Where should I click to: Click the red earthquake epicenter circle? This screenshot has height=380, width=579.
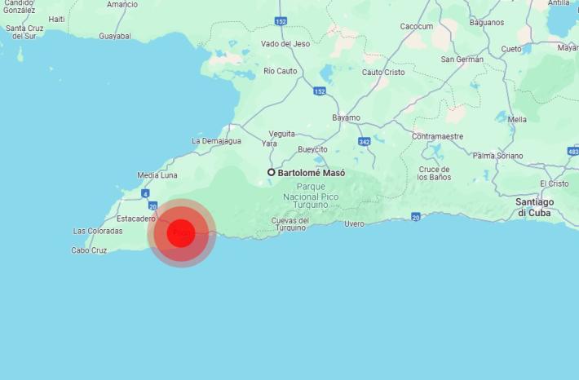181,233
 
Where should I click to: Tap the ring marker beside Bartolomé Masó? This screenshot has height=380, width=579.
272,172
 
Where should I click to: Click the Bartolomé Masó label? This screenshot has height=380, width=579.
311,173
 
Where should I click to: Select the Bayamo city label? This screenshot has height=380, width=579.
346,117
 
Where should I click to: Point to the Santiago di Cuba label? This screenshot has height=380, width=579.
535,207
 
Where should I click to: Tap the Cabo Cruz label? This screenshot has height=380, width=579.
89,250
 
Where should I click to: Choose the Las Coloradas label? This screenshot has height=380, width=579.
98,231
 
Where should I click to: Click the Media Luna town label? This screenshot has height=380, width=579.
157,175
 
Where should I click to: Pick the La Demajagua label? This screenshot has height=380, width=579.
216,140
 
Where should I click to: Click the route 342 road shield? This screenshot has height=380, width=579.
364,142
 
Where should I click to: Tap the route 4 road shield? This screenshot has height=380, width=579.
145,193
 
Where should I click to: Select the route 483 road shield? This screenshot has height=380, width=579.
572,151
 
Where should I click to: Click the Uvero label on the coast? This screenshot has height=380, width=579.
354,223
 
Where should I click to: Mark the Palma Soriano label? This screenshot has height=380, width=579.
498,155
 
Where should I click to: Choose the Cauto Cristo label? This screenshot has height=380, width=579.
382,72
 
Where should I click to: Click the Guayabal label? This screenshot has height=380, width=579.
115,36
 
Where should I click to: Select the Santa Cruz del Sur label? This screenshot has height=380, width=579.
24,32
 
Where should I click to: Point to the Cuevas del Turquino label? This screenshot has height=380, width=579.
290,224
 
